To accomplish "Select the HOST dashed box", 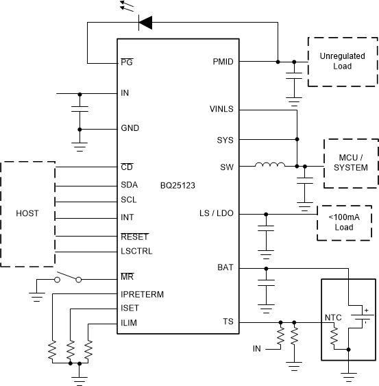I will click(28, 215).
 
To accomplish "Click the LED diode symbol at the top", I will click(146, 23).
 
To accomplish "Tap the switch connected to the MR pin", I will click(69, 278).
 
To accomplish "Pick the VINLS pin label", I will click(220, 109).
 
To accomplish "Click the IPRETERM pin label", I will click(143, 293).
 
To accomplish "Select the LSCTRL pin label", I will click(136, 251).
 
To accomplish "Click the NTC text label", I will click(334, 317).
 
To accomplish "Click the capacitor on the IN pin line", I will click(80, 110).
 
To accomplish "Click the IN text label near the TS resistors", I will click(256, 348).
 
